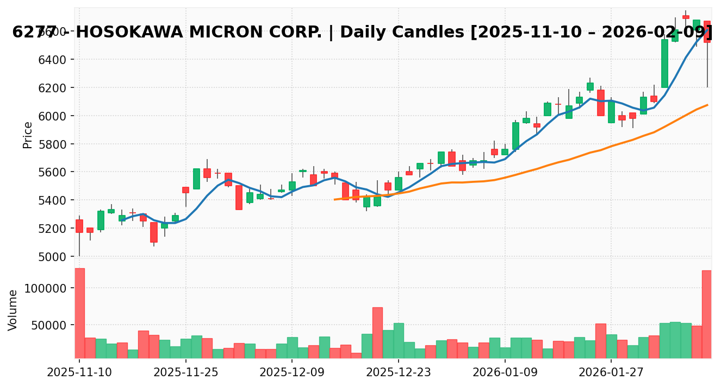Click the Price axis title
pos(28,135)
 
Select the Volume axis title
pos(13,309)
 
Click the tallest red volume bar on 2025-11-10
pos(79,313)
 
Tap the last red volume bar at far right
pos(707,314)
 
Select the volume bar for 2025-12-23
pos(399,340)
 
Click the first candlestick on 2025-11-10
pos(79,226)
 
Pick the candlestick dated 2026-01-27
pos(611,112)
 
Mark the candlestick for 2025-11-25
pos(186,189)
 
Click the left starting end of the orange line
pos(334,199)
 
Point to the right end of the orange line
pos(707,105)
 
